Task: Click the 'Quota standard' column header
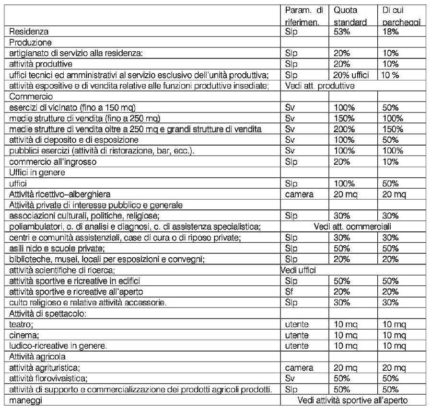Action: (x=350, y=16)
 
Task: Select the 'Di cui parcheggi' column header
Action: (x=401, y=16)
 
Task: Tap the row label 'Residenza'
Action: (x=29, y=32)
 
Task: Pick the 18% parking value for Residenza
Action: (x=390, y=32)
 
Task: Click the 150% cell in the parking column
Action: (x=392, y=129)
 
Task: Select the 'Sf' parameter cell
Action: (x=289, y=291)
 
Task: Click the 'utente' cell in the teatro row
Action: (x=297, y=324)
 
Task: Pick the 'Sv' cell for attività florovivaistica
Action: (x=290, y=378)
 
